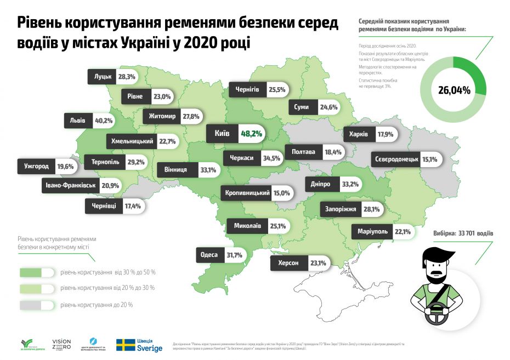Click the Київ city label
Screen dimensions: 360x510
click(223, 133)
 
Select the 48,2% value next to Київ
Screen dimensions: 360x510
click(252, 133)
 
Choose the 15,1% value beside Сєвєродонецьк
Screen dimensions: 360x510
click(429, 159)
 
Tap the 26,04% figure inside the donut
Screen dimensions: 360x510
click(454, 89)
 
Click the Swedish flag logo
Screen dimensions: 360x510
click(126, 344)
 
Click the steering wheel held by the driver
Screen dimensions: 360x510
click(437, 310)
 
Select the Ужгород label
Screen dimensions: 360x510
click(37, 166)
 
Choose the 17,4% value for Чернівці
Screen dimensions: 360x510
click(133, 207)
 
